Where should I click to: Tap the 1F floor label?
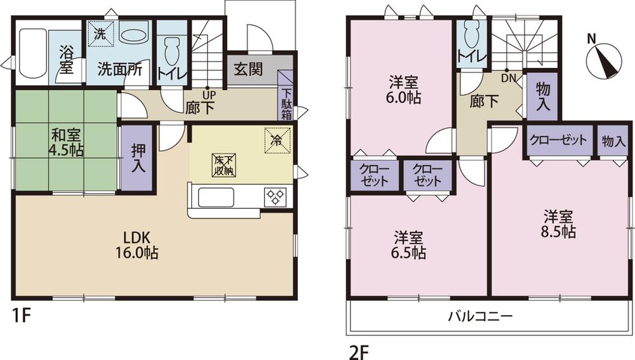21,316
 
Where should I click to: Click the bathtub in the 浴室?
31,56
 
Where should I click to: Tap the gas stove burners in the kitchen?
276,196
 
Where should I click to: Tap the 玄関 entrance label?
247,69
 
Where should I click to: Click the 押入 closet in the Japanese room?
137,159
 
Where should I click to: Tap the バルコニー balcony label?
480,316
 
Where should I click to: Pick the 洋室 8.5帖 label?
559,223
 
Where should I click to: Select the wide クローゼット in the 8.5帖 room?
558,141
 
